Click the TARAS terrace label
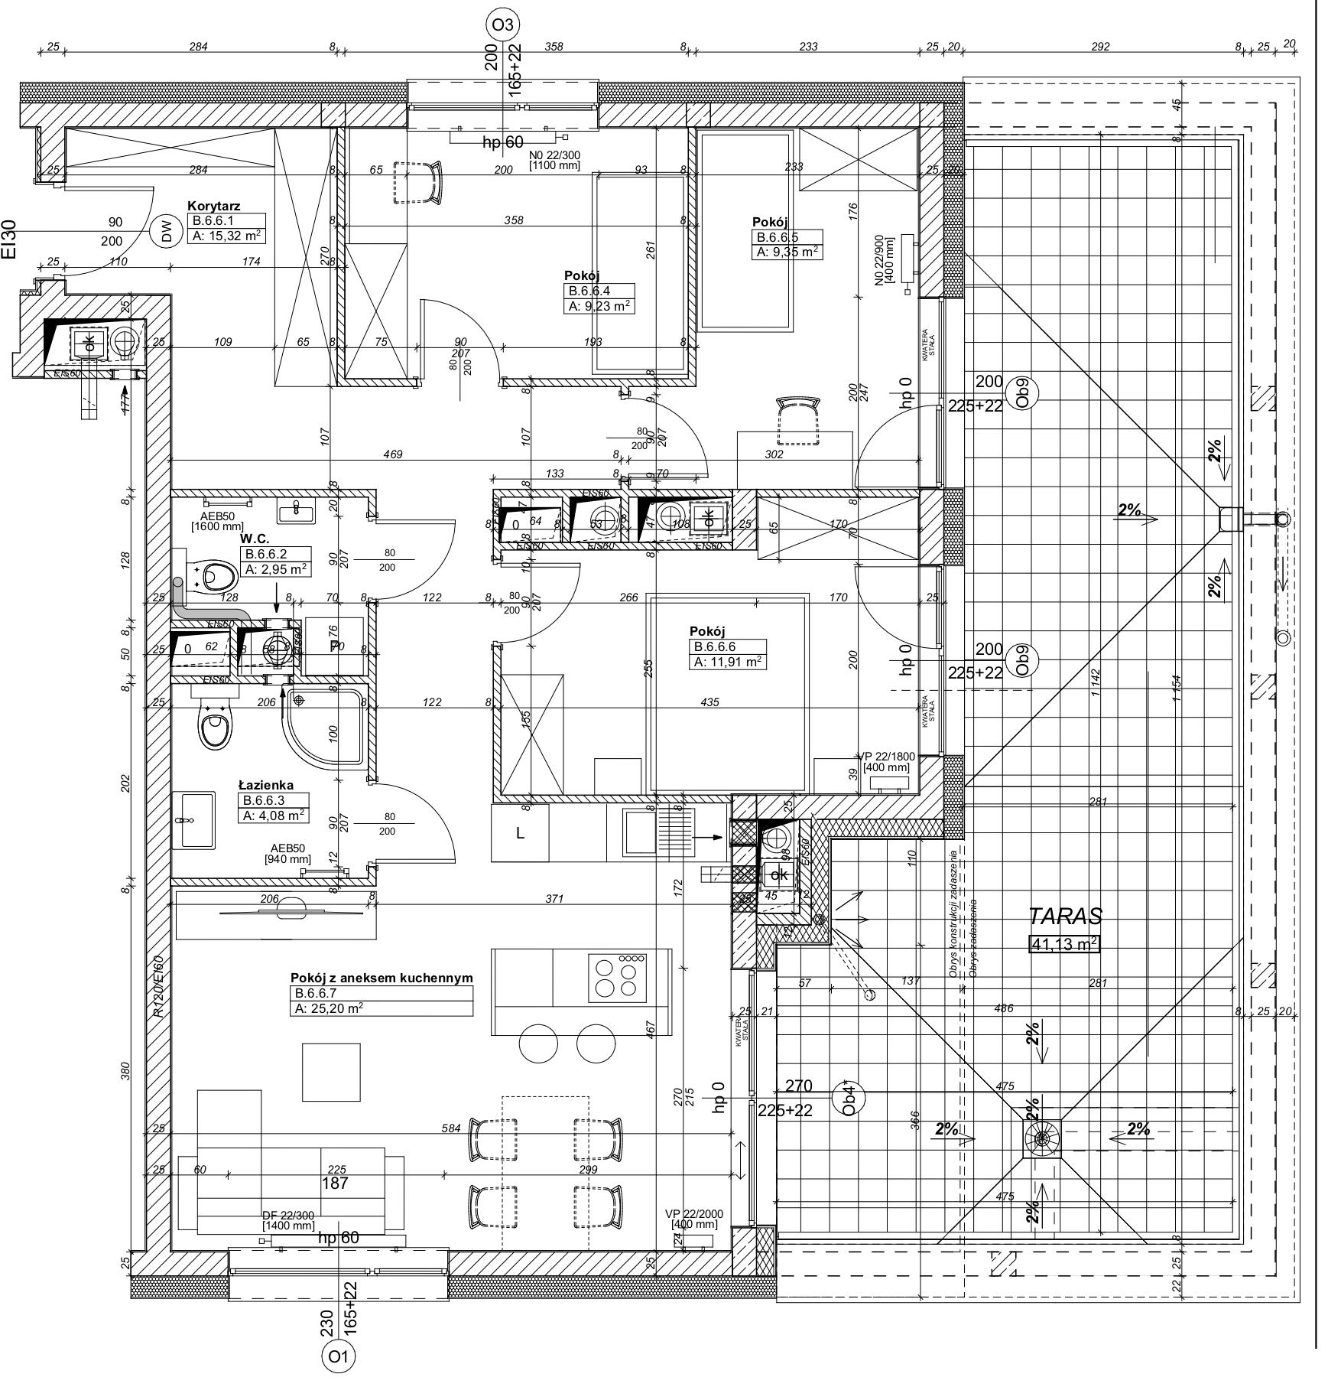[x=1065, y=917]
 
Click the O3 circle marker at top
[x=502, y=25]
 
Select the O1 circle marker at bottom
[x=338, y=1356]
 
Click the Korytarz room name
[x=214, y=206]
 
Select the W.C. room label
[x=255, y=539]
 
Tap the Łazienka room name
[x=265, y=785]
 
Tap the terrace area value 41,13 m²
[x=1064, y=945]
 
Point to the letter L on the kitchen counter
[x=520, y=834]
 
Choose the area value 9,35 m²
[x=788, y=252]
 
